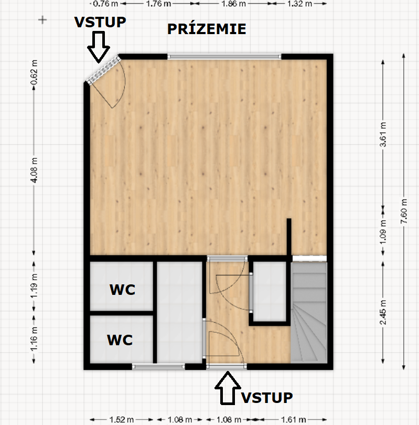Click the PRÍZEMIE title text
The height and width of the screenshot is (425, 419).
(x=207, y=29)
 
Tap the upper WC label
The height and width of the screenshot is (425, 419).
(x=122, y=290)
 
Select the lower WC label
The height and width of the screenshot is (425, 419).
(x=120, y=340)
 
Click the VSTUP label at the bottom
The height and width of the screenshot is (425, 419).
(x=267, y=398)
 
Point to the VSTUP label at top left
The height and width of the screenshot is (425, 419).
(x=100, y=22)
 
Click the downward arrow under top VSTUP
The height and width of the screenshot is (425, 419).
(x=99, y=47)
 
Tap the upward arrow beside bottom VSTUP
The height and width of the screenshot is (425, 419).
(x=228, y=388)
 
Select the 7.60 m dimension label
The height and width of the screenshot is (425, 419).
(x=404, y=211)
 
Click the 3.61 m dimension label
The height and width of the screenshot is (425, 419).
(x=383, y=134)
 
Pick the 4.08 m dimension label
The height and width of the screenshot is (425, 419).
(x=34, y=170)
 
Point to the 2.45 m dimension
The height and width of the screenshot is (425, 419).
(x=383, y=312)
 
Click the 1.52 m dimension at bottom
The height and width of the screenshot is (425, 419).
(x=121, y=420)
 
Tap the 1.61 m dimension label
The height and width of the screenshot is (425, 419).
(x=294, y=420)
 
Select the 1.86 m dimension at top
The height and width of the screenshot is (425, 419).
(x=233, y=4)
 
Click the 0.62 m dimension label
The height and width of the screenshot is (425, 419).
(x=34, y=72)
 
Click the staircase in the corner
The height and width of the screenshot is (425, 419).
(x=309, y=312)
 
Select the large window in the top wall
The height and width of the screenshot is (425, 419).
(x=224, y=57)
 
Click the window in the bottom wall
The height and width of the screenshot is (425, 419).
(x=158, y=366)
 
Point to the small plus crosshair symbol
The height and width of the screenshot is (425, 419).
(x=42, y=20)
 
